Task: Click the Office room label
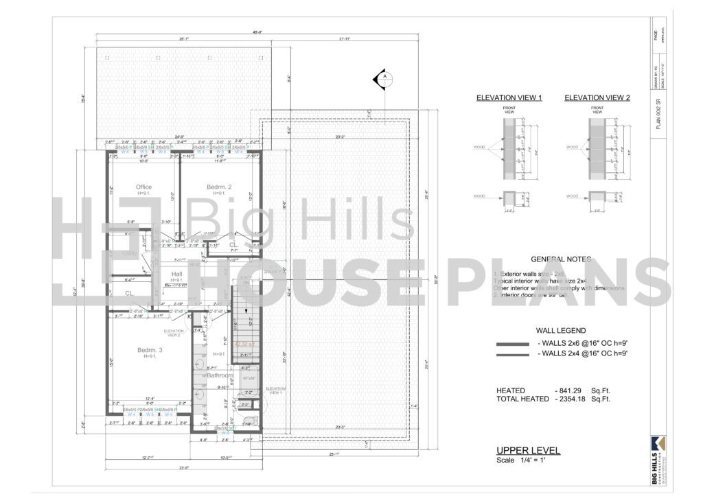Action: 143,187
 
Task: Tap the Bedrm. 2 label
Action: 219,187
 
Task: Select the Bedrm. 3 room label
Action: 149,350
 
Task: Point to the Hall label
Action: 176,274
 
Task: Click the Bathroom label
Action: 219,375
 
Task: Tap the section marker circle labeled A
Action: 385,77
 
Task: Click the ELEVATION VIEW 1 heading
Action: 509,98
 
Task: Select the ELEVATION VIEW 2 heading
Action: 597,98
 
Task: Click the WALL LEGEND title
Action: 561,330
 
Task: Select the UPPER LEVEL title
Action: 528,451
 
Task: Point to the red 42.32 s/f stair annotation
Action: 244,344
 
